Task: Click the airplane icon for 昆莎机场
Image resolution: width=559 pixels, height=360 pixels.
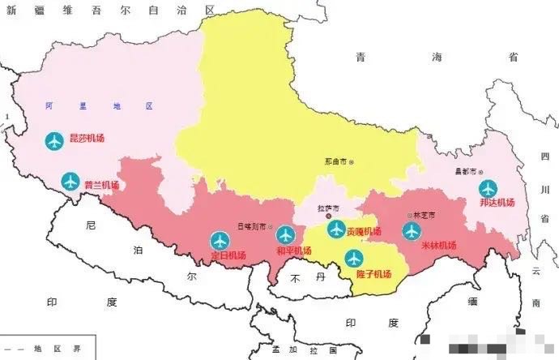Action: [54, 141]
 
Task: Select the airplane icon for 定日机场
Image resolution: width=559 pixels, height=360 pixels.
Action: [220, 241]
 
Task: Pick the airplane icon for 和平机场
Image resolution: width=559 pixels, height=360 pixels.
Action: [285, 235]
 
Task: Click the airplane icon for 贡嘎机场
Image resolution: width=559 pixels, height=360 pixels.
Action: [336, 229]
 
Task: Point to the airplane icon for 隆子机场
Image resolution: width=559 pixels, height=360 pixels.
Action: [354, 259]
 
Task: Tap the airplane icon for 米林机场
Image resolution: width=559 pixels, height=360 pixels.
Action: [412, 231]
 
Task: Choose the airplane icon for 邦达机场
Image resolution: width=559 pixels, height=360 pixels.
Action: [488, 188]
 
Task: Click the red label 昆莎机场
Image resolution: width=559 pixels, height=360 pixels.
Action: [87, 139]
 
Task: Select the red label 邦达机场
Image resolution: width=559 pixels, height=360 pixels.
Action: [497, 203]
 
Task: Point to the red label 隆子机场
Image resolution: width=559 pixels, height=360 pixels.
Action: [373, 274]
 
